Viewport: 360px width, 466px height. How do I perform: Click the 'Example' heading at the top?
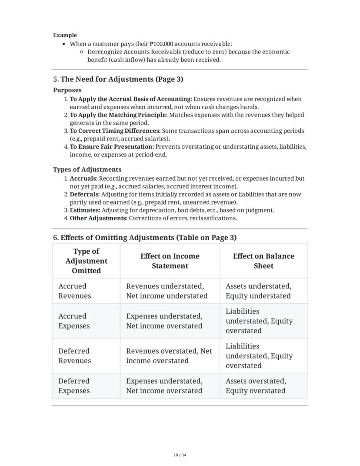point(65,35)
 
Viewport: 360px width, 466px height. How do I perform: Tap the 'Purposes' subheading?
point(67,90)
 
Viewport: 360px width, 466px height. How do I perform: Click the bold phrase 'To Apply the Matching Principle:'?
point(118,115)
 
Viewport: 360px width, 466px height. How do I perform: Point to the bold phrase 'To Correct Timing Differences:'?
point(115,131)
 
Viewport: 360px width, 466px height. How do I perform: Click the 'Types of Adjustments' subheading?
point(87,169)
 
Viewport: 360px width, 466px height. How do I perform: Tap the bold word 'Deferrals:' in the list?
point(85,194)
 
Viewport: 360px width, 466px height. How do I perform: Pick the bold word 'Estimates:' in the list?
point(85,210)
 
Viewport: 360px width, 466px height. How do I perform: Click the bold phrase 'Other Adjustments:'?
point(99,218)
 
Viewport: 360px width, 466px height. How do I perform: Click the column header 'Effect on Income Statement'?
point(170,261)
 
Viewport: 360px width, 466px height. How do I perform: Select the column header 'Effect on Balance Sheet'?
point(263,261)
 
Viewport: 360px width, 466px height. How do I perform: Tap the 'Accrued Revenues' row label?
point(75,291)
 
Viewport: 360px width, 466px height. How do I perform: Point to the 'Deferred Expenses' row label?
point(74,386)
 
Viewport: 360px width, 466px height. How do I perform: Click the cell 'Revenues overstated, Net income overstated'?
point(169,355)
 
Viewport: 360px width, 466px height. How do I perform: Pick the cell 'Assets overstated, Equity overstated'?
point(256,386)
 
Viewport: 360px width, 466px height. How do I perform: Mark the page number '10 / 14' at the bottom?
point(180,455)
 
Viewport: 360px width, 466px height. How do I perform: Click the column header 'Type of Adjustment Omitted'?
point(86,261)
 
